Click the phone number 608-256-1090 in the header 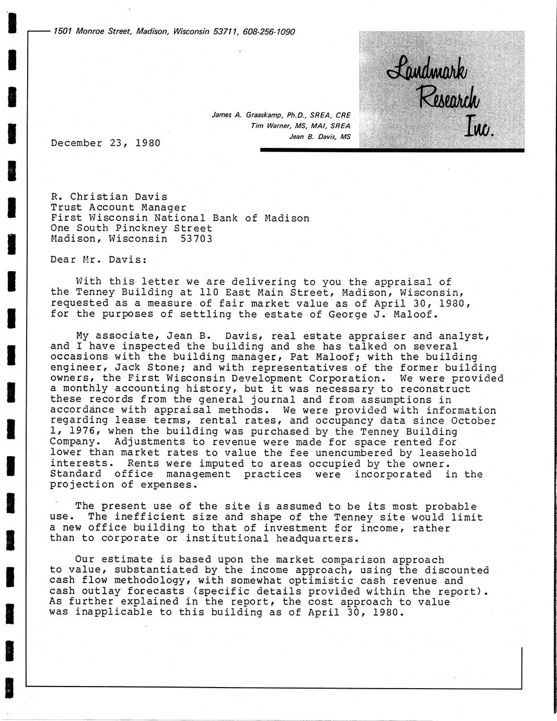click(x=269, y=32)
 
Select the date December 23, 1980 click(x=106, y=143)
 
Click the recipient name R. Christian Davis click(x=109, y=197)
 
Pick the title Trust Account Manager click(x=118, y=207)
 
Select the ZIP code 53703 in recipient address click(x=196, y=239)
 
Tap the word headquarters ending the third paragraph click(x=317, y=539)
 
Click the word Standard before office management click(x=76, y=474)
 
